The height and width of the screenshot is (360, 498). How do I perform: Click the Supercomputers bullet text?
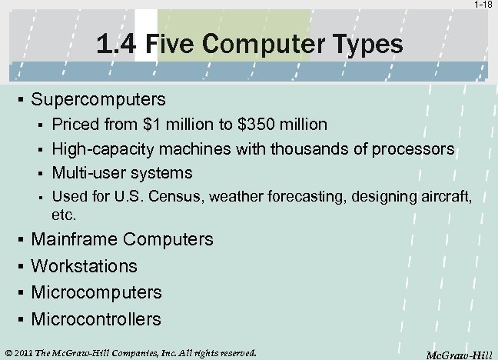tap(98, 100)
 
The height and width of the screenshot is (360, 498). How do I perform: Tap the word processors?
tap(415, 148)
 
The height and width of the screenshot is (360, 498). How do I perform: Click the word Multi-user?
tap(85, 172)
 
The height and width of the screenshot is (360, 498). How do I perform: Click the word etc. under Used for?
tap(63, 213)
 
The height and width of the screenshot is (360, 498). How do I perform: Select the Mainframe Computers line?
tap(121, 239)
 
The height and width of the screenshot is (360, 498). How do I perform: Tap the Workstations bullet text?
tap(84, 266)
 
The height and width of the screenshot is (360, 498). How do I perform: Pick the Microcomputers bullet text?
tap(96, 292)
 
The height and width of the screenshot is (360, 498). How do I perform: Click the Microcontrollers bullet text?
tap(96, 318)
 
